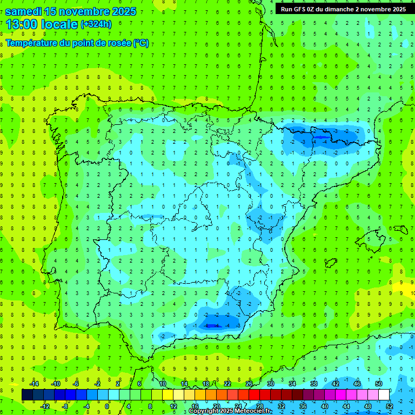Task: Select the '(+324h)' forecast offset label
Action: [x=96, y=24]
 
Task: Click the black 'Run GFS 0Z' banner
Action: [x=343, y=9]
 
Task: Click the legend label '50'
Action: [x=379, y=384]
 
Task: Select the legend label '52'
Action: [x=390, y=406]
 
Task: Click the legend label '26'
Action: [x=249, y=384]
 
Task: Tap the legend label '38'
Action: [x=314, y=384]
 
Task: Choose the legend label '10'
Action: [x=163, y=384]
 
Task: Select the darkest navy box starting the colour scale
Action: [x=27, y=395]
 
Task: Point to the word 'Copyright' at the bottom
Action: [x=204, y=411]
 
